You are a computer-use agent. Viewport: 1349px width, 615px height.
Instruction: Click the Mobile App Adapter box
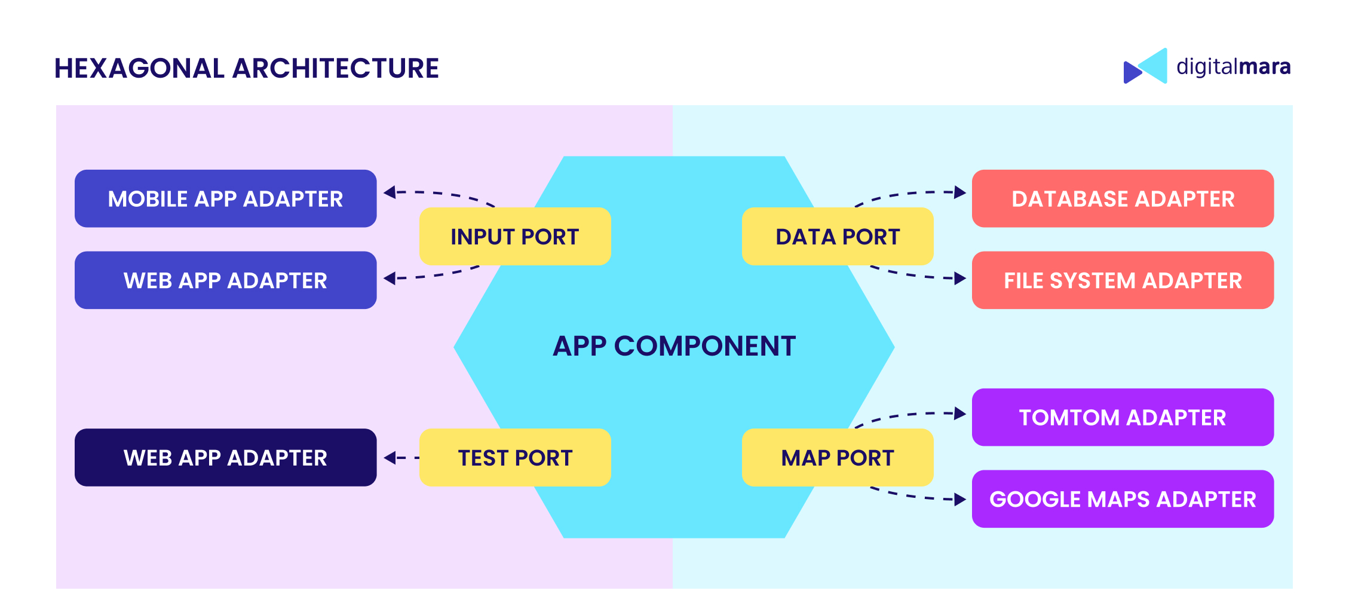(x=225, y=198)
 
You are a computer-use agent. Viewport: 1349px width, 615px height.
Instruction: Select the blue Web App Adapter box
(x=225, y=280)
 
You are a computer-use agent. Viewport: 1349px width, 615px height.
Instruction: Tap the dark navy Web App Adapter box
(x=225, y=458)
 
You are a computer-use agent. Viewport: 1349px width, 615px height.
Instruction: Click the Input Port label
(x=514, y=237)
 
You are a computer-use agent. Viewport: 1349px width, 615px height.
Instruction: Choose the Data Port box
(x=837, y=237)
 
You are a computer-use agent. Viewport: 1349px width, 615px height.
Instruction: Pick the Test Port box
(x=514, y=458)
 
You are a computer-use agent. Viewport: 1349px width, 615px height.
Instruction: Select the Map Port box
(x=837, y=458)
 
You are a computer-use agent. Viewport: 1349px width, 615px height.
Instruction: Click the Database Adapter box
(x=1123, y=198)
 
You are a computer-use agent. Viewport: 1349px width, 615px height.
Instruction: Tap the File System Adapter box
(x=1123, y=280)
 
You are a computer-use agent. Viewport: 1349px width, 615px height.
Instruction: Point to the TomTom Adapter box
(x=1123, y=417)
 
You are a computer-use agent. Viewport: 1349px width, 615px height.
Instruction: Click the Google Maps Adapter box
(x=1123, y=499)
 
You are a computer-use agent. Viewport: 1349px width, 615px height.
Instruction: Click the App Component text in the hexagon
(x=674, y=346)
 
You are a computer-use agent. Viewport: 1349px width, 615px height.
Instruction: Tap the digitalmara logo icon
(x=1145, y=66)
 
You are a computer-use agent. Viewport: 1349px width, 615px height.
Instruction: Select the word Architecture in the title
(x=336, y=68)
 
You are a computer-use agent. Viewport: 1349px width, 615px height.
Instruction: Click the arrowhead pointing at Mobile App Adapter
(x=390, y=192)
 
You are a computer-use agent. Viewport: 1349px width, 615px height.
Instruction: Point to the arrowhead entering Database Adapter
(x=960, y=192)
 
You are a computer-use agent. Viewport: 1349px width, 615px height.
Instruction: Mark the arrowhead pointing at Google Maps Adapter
(x=960, y=500)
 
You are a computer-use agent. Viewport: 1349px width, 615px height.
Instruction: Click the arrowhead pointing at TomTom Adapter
(x=960, y=414)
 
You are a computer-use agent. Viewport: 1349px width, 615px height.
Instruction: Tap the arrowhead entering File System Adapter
(x=960, y=279)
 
